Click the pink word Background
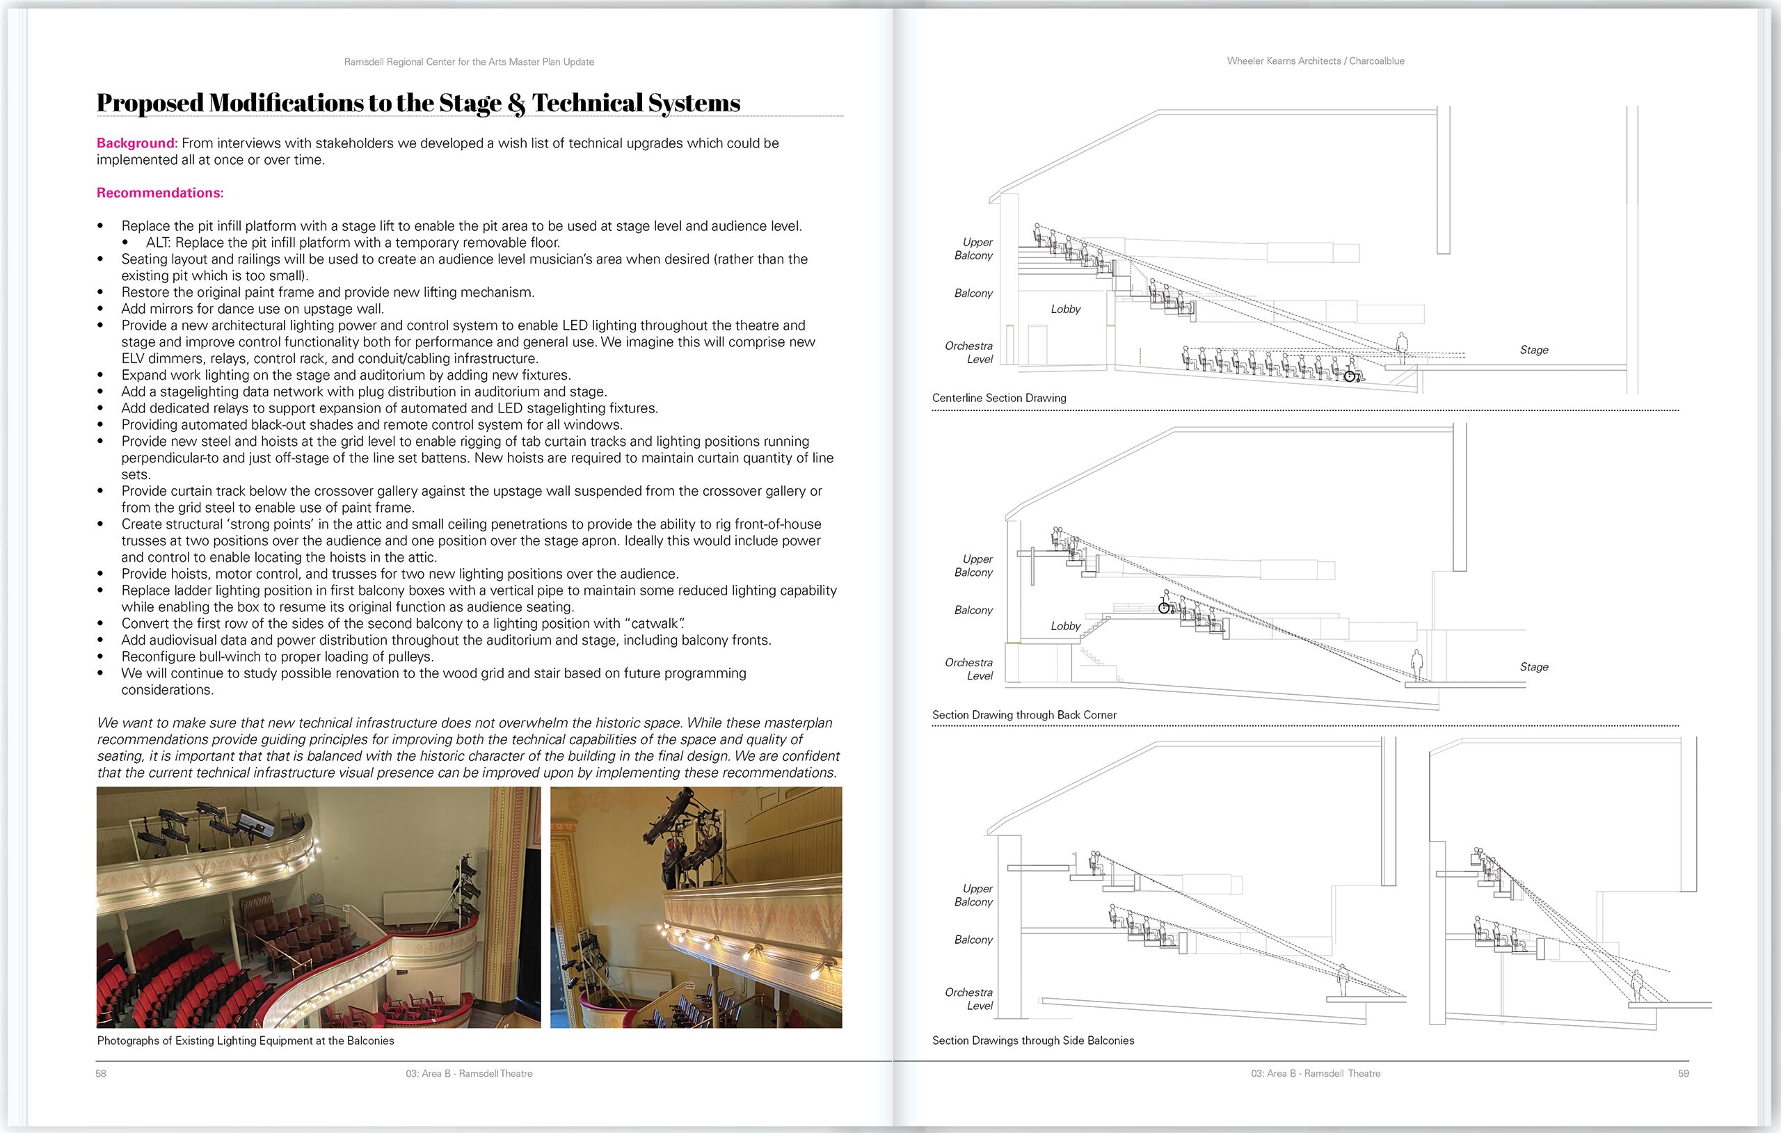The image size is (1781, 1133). click(136, 143)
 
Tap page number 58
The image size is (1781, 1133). click(102, 1073)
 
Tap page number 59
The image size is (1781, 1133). click(1684, 1073)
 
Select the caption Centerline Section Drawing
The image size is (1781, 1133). click(998, 398)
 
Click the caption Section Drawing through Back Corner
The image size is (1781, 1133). click(1023, 715)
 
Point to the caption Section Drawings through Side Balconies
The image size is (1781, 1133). click(1032, 1040)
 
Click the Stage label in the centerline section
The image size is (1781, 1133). click(1533, 350)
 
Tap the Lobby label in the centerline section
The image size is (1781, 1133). click(1065, 309)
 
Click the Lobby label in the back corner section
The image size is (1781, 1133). click(1065, 627)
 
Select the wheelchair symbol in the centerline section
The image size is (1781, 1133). click(1350, 376)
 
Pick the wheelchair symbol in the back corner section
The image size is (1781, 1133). click(1164, 608)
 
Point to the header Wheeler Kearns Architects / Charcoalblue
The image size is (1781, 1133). click(1315, 61)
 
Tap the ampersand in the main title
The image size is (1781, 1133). click(516, 104)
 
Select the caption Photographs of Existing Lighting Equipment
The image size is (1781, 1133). click(246, 1040)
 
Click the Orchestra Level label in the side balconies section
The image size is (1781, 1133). click(969, 998)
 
